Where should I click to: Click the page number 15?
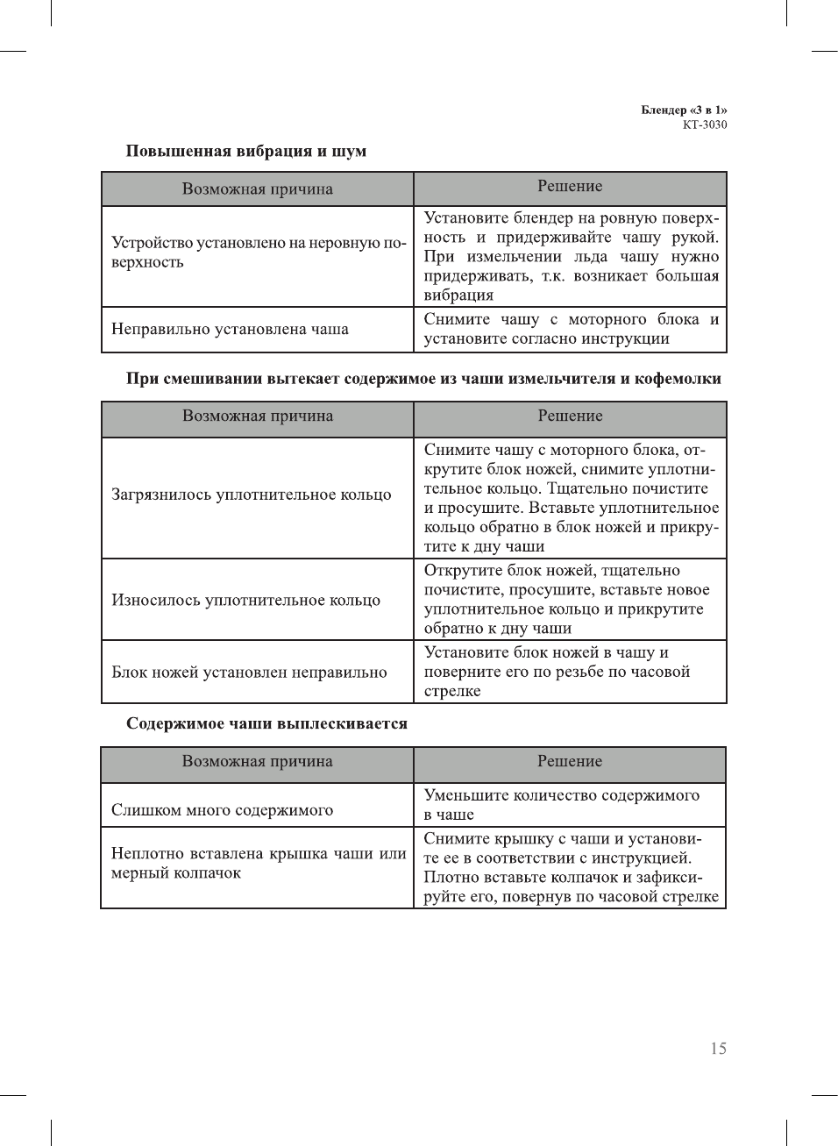[718, 1049]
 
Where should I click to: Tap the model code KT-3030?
[705, 125]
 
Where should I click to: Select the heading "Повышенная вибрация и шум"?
[246, 151]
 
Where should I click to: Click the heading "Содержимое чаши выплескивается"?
[266, 723]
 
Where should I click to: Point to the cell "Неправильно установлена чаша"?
[230, 330]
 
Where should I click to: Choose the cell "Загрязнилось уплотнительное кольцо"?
[251, 495]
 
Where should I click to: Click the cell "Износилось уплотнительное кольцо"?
[245, 601]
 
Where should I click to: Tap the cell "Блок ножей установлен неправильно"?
[249, 673]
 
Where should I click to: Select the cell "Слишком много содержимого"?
[222, 810]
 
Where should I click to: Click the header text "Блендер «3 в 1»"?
[684, 110]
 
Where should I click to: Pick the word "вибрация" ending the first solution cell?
[458, 295]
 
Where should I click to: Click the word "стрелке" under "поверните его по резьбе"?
[452, 691]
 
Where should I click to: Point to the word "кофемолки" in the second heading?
[679, 379]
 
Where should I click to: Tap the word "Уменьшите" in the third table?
[465, 795]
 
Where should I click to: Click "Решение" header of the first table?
[570, 186]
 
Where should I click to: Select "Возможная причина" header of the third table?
[257, 761]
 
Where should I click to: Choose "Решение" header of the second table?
[570, 416]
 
